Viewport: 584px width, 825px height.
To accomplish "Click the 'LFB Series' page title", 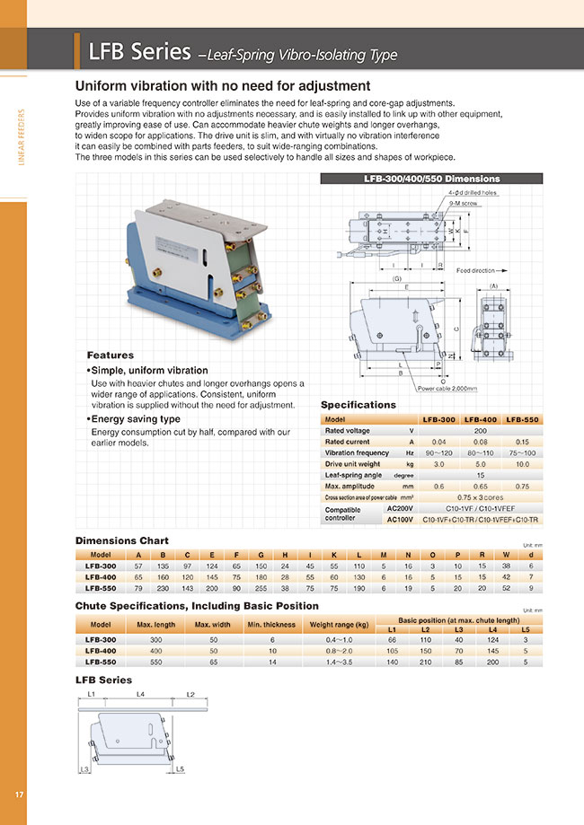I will click(139, 52).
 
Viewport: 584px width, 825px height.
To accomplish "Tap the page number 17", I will click(19, 794).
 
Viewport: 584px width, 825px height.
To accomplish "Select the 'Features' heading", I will click(110, 355).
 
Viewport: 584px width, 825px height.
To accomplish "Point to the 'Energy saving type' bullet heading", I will click(136, 418).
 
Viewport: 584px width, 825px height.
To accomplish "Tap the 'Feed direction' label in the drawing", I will click(475, 269).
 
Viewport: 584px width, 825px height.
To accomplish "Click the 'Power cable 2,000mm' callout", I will click(447, 389).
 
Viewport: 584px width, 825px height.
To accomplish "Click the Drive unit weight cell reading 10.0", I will click(523, 463).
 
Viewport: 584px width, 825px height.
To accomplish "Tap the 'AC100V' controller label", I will click(399, 519).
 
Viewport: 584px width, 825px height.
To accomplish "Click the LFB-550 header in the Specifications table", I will click(523, 419).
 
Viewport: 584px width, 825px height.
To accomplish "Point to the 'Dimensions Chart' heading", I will click(121, 540).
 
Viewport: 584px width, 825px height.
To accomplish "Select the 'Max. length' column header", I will click(156, 624).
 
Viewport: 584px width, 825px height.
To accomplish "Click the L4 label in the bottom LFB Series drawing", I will click(140, 694).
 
